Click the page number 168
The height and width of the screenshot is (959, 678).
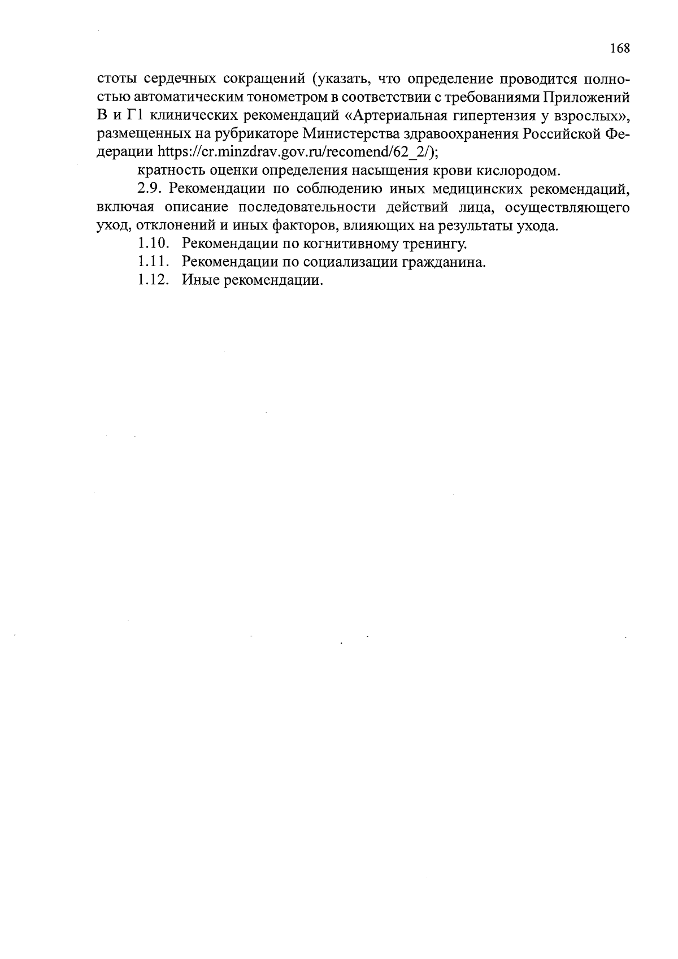coord(619,49)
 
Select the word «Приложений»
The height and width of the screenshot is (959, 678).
coord(586,97)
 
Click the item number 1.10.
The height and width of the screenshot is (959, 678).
coord(153,244)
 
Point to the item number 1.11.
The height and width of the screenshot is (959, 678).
coord(153,262)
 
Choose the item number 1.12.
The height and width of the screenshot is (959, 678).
coord(153,281)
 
